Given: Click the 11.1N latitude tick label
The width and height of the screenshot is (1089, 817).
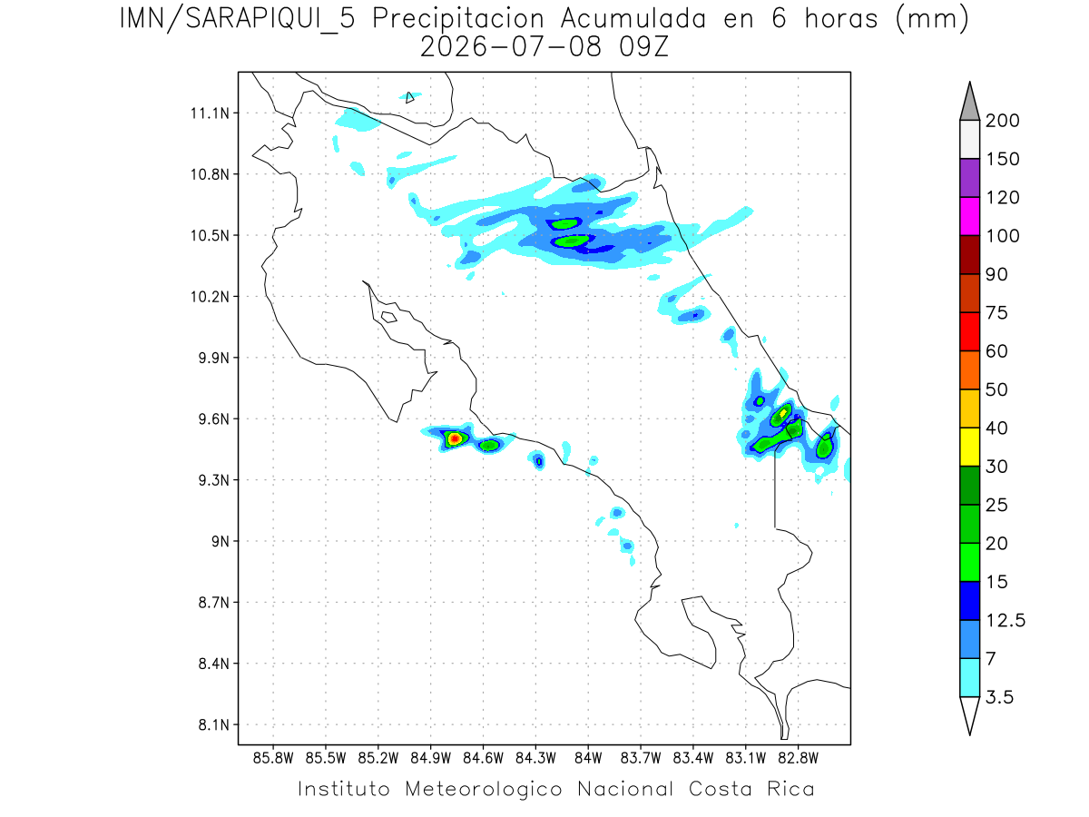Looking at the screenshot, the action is point(210,113).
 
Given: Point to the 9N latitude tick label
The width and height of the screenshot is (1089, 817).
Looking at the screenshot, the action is point(221,541).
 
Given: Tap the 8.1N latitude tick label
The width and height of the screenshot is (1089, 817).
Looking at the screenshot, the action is point(214,724).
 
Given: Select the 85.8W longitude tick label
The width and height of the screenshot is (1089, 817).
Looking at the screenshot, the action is point(273,758).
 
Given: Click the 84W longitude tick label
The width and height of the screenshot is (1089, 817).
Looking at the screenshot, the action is point(588,758).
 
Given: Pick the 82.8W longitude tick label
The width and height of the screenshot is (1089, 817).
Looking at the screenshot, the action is point(798,758).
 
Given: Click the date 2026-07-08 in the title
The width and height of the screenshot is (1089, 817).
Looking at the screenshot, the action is point(511,47).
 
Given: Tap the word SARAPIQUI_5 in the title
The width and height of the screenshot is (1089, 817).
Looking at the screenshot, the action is point(270,20).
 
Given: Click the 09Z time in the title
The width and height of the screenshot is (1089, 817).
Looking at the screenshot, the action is point(643,47).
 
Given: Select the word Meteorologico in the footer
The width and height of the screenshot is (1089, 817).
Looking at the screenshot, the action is point(483,790).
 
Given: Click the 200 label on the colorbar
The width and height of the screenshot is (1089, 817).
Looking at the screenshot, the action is point(1002,121).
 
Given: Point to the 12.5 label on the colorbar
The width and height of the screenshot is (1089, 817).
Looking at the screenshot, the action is point(1006,621).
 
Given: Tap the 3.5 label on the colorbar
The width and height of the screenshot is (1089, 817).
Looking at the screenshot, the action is point(999,697).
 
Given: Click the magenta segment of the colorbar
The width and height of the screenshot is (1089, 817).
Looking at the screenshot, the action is point(969,216).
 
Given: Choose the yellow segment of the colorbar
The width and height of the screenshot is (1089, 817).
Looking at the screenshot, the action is point(969,447).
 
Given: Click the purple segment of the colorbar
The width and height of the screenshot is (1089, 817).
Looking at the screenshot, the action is point(969,178).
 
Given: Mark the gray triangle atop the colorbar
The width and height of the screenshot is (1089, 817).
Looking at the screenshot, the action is point(969,105).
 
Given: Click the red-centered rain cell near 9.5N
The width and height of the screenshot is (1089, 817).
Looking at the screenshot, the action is point(455,438).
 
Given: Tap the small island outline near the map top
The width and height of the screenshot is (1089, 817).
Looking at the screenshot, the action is point(409,97).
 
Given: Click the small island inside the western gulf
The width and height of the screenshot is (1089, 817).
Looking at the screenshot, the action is point(389,317).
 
